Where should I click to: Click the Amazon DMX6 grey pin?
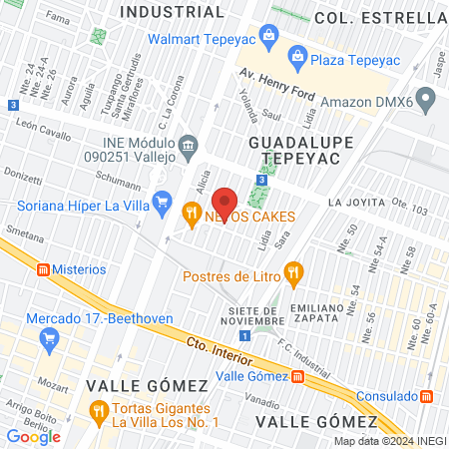(x=427, y=99)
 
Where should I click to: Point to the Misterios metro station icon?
(x=44, y=269)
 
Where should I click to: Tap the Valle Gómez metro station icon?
(x=297, y=376)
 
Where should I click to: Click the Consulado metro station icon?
(x=427, y=395)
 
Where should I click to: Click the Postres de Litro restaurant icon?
(x=292, y=270)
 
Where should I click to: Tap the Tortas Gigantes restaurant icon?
(x=98, y=409)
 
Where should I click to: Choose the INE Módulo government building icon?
(x=189, y=151)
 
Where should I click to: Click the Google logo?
(x=34, y=436)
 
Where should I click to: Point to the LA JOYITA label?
(x=355, y=203)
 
